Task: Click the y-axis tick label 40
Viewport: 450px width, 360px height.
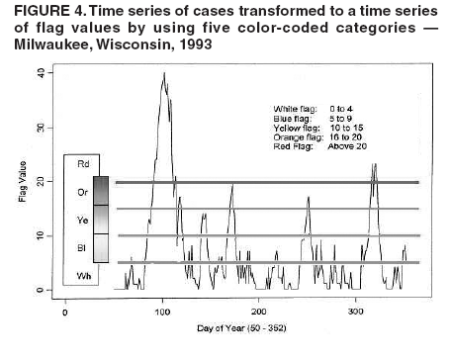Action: [39, 74]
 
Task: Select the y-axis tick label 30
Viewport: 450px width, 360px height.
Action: [39, 129]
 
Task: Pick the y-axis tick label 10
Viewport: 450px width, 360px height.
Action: [39, 236]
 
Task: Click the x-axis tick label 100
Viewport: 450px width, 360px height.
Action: [162, 313]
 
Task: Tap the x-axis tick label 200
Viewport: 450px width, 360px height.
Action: [259, 313]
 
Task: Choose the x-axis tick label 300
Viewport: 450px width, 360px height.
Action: [356, 313]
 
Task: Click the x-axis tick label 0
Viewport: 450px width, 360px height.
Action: [65, 313]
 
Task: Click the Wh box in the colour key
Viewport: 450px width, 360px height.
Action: [84, 274]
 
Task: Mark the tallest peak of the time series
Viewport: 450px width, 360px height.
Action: [163, 74]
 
